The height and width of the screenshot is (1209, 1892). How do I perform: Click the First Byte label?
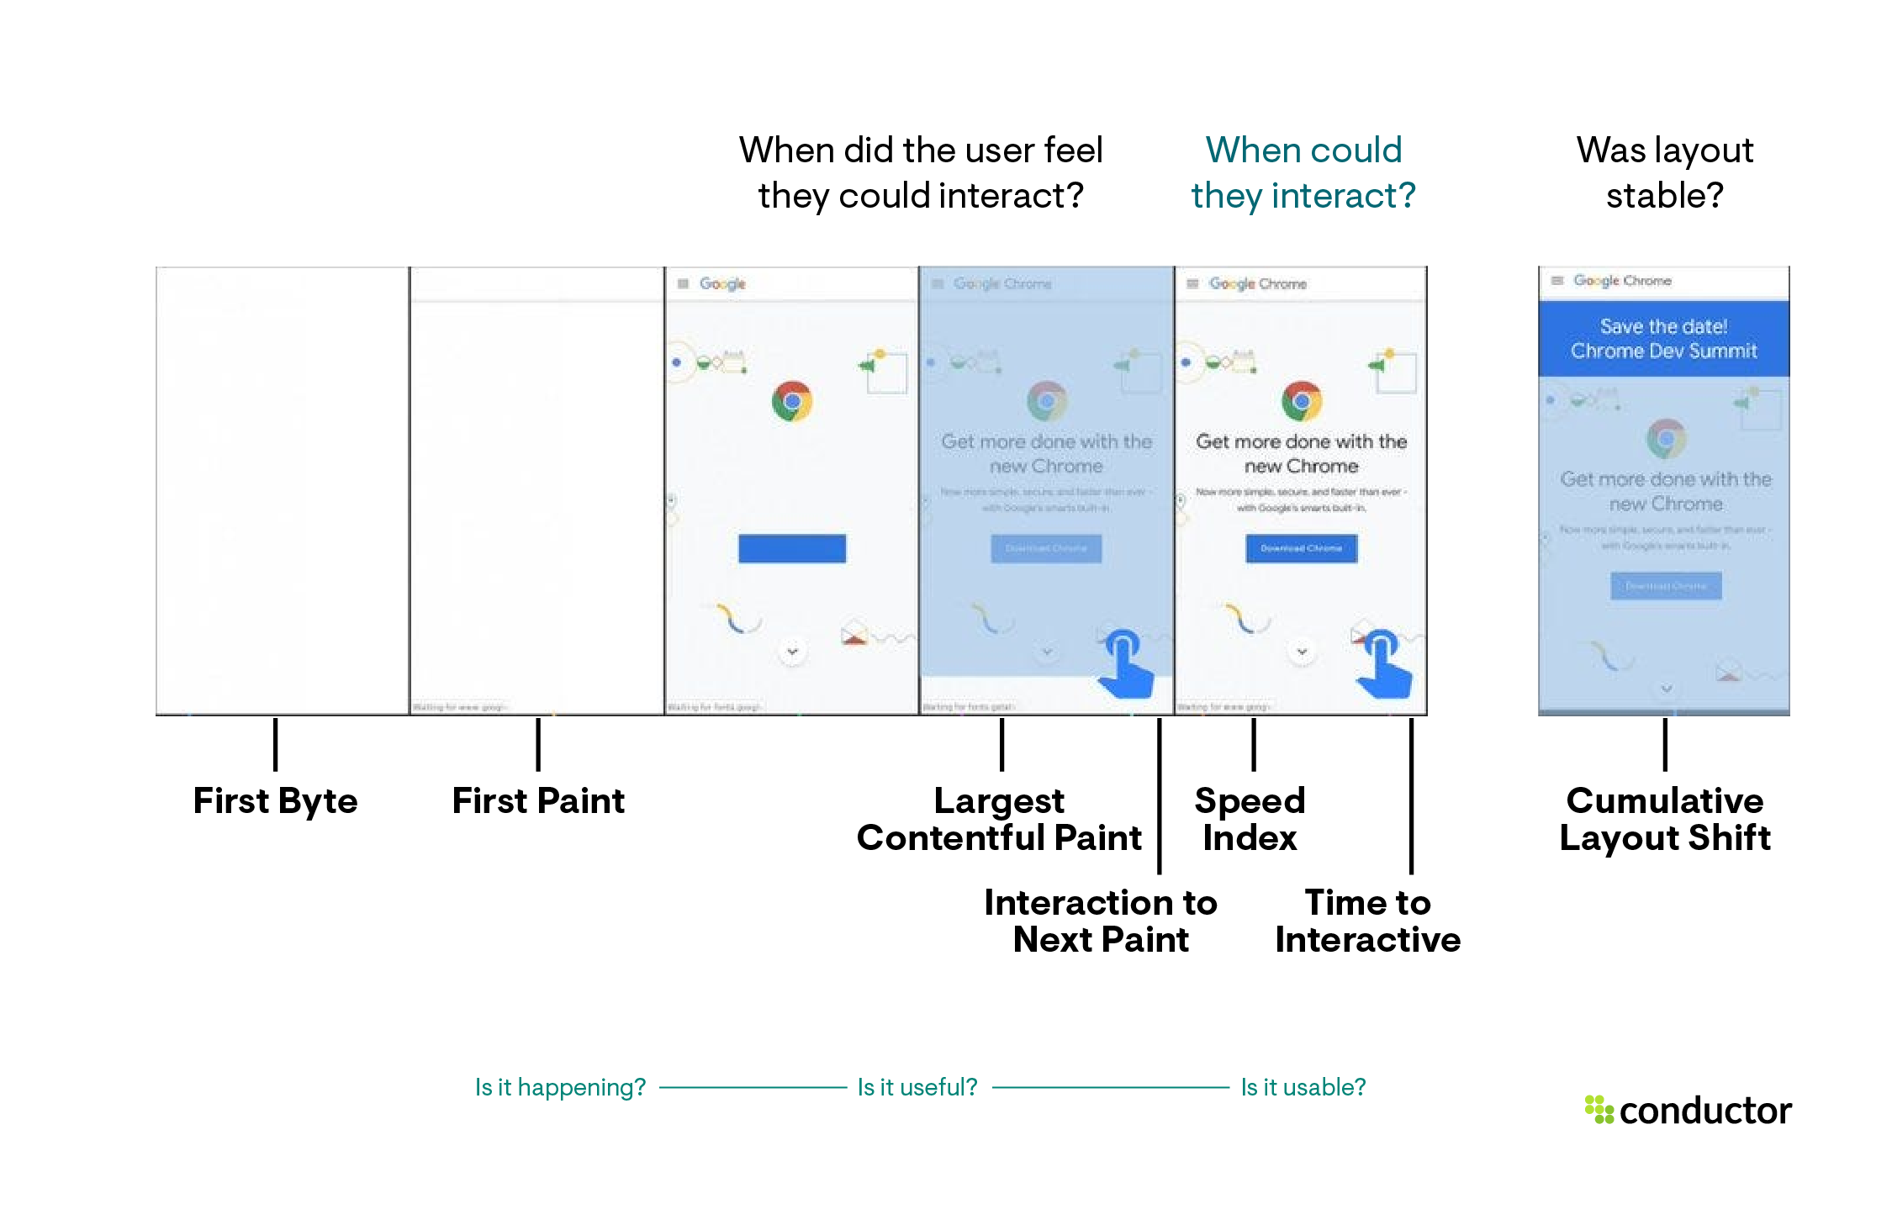point(275,800)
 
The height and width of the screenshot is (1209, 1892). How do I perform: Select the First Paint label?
point(538,800)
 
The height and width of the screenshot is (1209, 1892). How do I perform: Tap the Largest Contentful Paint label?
point(999,819)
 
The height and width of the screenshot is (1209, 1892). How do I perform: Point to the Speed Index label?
point(1250,819)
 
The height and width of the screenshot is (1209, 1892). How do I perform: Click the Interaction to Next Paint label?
point(1100,921)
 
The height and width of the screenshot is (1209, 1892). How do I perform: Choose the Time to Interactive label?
point(1367,921)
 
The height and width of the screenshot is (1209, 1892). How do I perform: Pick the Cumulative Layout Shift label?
point(1664,819)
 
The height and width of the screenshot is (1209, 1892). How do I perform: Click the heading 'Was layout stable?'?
point(1664,172)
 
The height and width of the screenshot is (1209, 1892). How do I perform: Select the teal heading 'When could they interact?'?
point(1303,172)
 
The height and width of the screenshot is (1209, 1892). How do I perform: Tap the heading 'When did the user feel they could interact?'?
point(921,172)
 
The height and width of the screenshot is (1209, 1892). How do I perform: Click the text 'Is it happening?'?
point(560,1087)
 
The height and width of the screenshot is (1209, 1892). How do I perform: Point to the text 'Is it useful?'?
point(917,1087)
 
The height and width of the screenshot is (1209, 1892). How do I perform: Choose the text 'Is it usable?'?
point(1303,1087)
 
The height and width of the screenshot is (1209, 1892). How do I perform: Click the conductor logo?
point(1688,1111)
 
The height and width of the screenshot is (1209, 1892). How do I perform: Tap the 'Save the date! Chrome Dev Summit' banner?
point(1663,339)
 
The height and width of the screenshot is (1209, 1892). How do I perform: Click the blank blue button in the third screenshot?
point(792,548)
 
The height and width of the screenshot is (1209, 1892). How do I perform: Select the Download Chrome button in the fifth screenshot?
point(1301,548)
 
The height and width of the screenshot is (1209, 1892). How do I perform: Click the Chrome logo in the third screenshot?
point(792,402)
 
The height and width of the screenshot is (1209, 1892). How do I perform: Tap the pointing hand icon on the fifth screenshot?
point(1383,664)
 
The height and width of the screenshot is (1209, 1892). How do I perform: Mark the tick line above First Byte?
point(275,744)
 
